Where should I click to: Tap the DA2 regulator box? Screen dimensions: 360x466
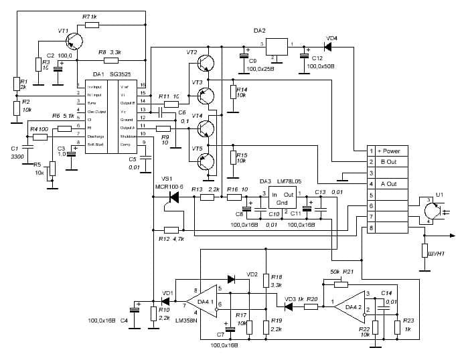coord(277,47)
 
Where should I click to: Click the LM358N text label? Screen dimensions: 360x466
coord(189,321)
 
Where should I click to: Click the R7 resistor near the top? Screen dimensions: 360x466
coord(92,25)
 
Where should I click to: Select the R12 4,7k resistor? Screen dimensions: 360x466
coord(175,230)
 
